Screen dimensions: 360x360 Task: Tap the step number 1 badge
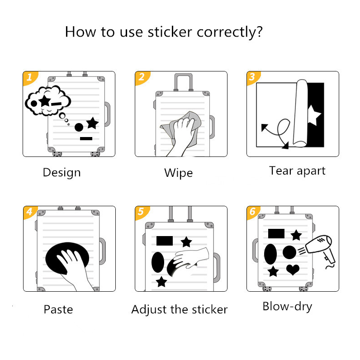pyautogui.click(x=29, y=77)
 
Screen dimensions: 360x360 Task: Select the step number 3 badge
pyautogui.click(x=252, y=77)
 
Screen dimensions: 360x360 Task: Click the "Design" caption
pyautogui.click(x=62, y=172)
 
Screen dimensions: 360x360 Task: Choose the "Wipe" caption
pyautogui.click(x=178, y=173)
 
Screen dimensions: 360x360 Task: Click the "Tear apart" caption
pyautogui.click(x=297, y=171)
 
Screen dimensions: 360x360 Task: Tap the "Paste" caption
pyautogui.click(x=58, y=309)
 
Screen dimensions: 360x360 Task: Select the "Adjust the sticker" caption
pyautogui.click(x=179, y=309)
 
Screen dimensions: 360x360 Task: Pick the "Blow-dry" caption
pyautogui.click(x=287, y=306)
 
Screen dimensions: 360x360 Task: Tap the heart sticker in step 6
pyautogui.click(x=293, y=270)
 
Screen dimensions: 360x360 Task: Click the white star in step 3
pyautogui.click(x=313, y=116)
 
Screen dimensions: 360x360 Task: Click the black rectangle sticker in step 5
pyautogui.click(x=165, y=241)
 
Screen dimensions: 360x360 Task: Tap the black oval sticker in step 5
pyautogui.click(x=157, y=262)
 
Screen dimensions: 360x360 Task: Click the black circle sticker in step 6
pyautogui.click(x=289, y=252)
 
